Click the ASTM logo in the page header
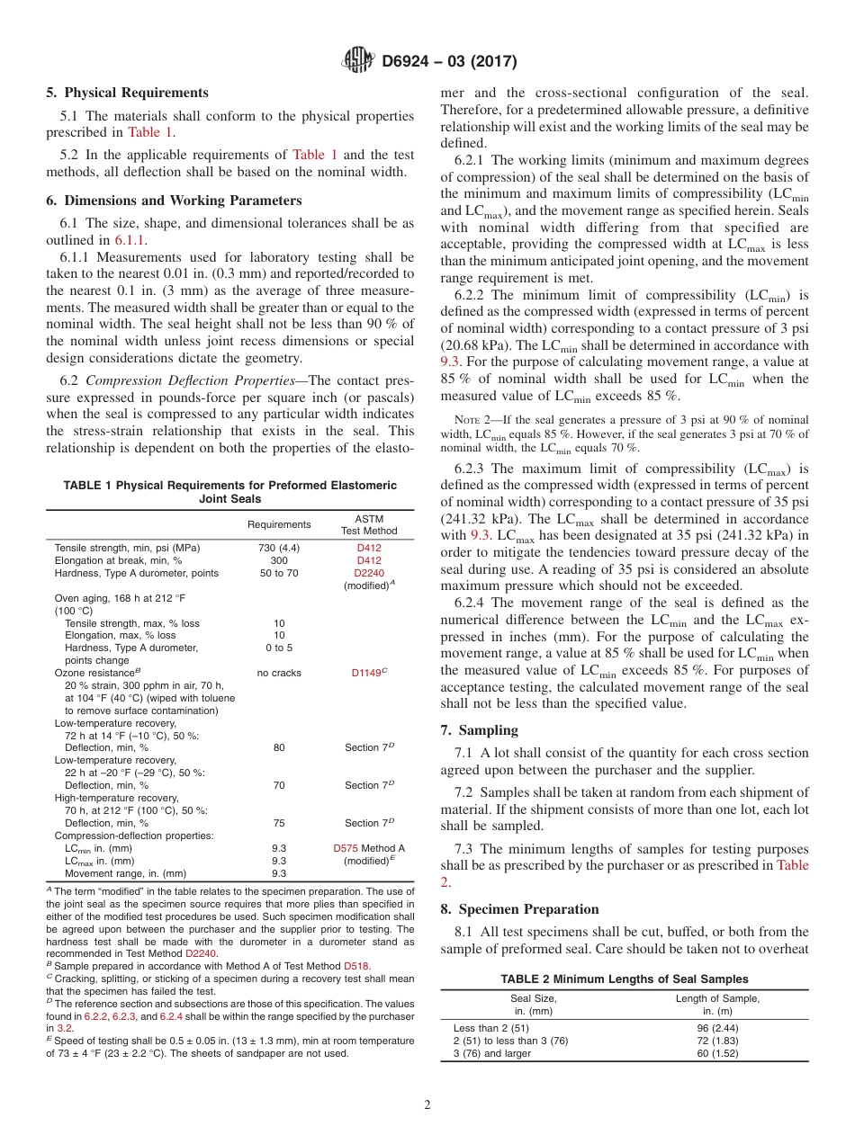point(358,61)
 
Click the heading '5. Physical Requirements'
point(127,93)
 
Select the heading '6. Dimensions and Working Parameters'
point(174,201)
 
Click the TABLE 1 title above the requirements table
point(229,492)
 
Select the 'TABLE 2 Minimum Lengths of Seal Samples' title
point(624,979)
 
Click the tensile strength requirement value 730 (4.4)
point(279,548)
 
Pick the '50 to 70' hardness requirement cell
point(279,573)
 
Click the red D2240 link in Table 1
point(369,573)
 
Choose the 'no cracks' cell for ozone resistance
point(279,673)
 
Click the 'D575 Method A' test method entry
point(369,848)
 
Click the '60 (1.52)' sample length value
point(717,1053)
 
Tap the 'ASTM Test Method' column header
point(369,525)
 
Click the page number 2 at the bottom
point(427,1105)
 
